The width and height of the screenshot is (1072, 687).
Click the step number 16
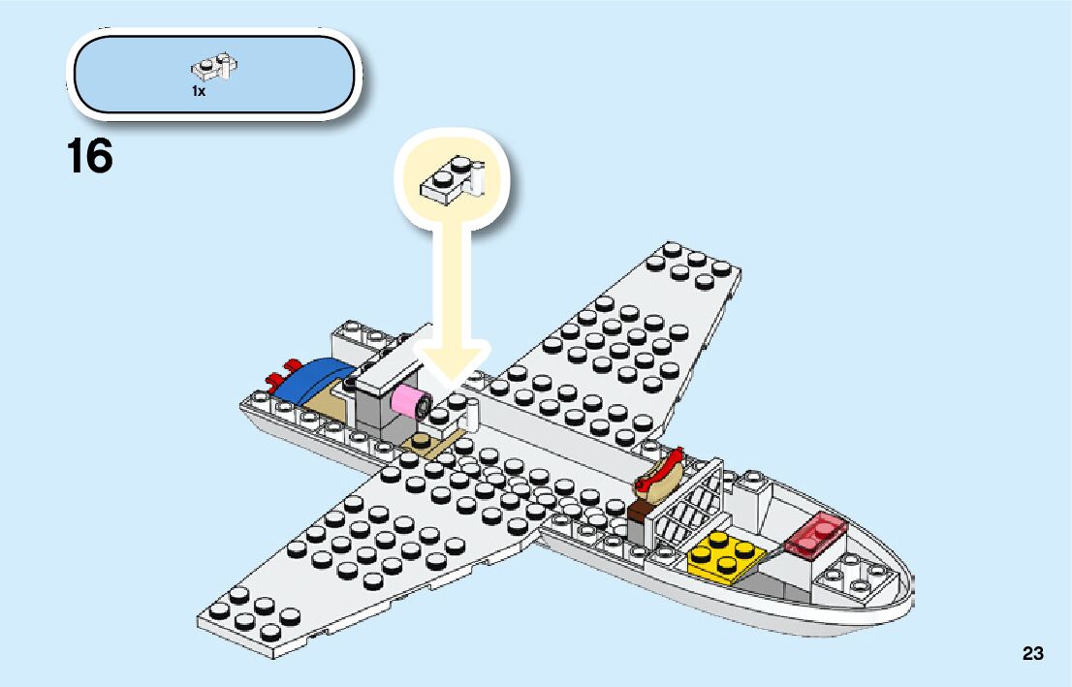click(90, 157)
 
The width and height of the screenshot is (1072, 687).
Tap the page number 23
click(1032, 654)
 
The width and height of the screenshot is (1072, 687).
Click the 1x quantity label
click(199, 90)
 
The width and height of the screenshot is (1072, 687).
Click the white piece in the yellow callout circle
click(451, 180)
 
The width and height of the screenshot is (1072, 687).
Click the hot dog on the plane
click(659, 472)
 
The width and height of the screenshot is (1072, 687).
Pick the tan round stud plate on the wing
click(426, 445)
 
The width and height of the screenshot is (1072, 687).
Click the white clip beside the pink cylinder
click(472, 415)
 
